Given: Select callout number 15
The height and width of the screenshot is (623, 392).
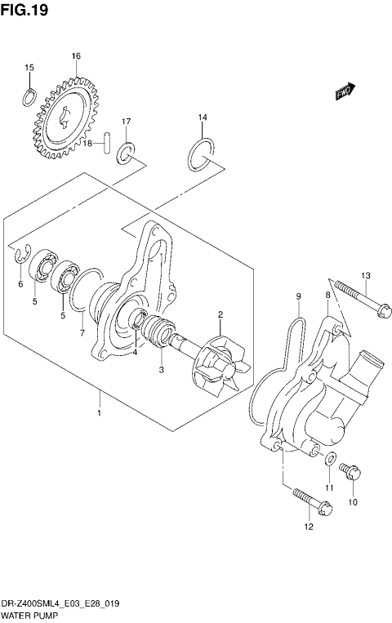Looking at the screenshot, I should click(29, 68).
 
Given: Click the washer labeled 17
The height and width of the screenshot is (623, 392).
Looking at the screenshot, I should click(127, 151).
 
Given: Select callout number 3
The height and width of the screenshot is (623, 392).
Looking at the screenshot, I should click(162, 370).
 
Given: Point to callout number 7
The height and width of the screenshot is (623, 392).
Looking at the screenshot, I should click(82, 333).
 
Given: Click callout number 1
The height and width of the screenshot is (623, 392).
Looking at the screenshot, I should click(100, 414).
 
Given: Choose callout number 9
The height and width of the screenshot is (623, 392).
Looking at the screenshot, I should click(299, 295).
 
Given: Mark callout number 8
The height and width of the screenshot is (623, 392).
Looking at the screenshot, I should click(328, 295).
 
